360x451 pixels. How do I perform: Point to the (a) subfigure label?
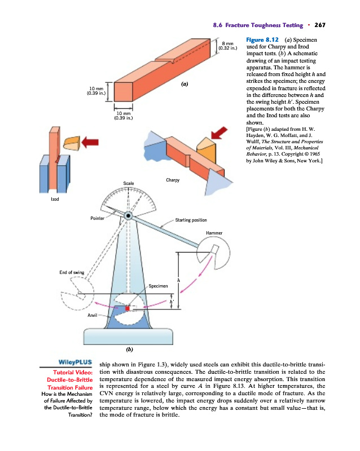coord(183,84)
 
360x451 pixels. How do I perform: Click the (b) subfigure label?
coord(130,349)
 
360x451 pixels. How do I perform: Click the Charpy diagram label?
coord(173,180)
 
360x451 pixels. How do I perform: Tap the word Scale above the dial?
coord(130,183)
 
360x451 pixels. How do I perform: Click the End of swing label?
coord(72,272)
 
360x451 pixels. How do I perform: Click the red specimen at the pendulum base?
coord(128,309)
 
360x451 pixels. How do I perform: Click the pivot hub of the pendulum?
coord(129,215)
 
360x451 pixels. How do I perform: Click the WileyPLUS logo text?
coord(74,361)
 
